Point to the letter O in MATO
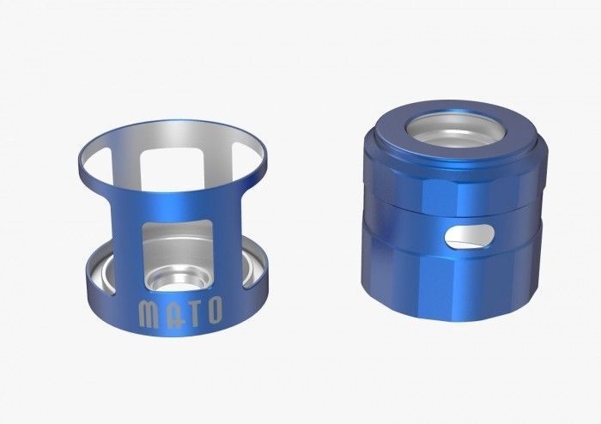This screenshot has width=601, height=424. point(216,306)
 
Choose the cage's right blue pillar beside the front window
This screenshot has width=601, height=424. point(228,232)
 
